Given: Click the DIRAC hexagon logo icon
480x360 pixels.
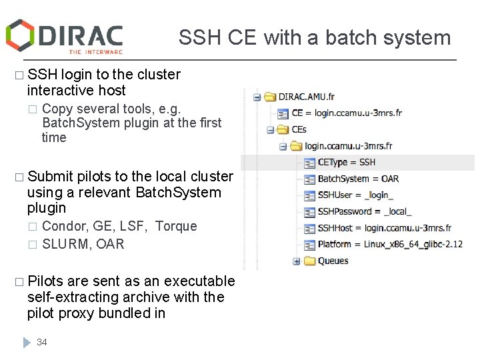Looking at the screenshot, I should coord(20,35).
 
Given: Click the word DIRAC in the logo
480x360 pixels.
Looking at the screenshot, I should coord(81,35).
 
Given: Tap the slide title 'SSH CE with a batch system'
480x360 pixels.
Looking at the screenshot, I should coord(315,38).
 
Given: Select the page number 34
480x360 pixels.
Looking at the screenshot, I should coord(42,342).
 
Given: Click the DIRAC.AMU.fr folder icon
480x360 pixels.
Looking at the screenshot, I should coord(270,97).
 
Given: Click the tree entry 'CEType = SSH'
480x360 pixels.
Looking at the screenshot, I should coord(346,162).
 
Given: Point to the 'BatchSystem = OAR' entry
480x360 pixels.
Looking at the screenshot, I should coord(358,179).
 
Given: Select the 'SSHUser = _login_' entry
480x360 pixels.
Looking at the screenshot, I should coord(355,195).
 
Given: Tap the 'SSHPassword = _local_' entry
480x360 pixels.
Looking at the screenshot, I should coord(364,211).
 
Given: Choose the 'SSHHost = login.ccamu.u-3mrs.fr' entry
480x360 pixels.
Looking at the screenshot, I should coord(384,228).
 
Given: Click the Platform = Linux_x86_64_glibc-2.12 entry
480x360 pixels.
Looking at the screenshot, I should coord(389,244).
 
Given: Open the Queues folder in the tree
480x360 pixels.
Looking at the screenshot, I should coord(333,261).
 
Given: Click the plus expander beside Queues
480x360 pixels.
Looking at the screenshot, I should coord(297,261).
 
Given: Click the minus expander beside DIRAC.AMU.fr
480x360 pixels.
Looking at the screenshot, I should coord(257,97).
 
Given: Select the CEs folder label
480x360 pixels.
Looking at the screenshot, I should coord(299,129).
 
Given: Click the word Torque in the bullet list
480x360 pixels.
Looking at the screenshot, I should coord(176,226).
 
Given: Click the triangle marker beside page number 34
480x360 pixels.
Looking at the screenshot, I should coord(27,342).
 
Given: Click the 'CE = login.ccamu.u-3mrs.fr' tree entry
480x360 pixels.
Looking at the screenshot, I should coord(347,113).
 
